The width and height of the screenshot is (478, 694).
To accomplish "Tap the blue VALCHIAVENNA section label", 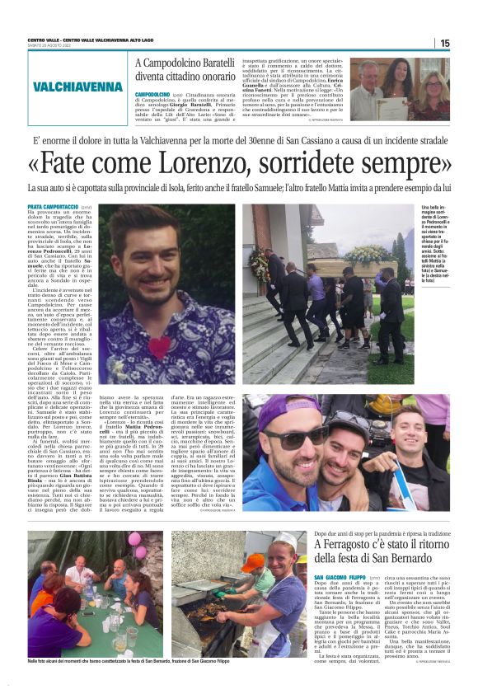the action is click(x=78, y=87).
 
